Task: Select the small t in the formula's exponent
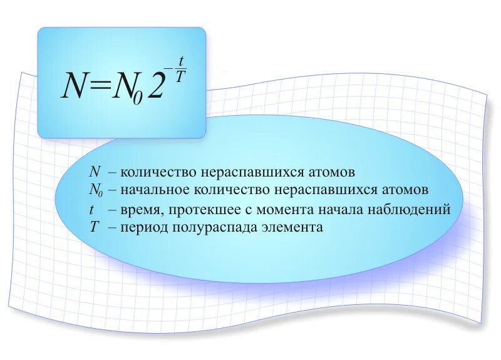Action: tap(181, 62)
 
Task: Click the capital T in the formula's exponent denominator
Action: tap(181, 77)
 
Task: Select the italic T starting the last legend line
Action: tap(95, 227)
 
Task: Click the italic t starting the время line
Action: tap(93, 209)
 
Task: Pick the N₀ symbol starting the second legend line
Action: tap(96, 190)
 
